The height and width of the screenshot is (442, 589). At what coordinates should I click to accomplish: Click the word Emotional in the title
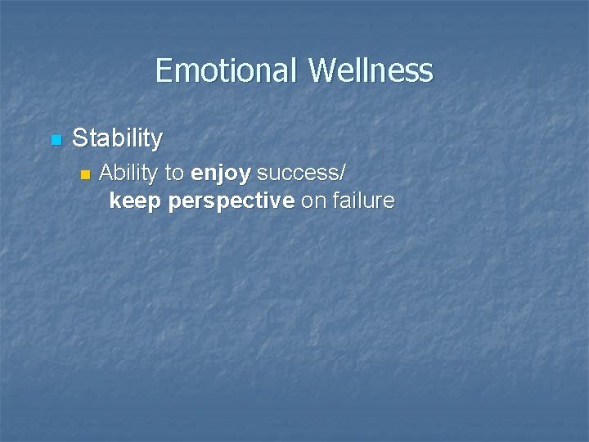coord(227,70)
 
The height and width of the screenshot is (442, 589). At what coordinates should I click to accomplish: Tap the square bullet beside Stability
coord(56,141)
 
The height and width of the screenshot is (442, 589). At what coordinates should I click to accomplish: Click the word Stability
coord(117,138)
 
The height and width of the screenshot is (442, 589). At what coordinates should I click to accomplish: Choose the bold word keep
coord(136,201)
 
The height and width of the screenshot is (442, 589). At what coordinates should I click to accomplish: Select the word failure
coord(362,201)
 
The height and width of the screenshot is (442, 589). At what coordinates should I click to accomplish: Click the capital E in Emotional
coord(163,70)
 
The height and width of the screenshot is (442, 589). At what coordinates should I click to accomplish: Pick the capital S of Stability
coord(79,138)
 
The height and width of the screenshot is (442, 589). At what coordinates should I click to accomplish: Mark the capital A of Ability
coord(106,173)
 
